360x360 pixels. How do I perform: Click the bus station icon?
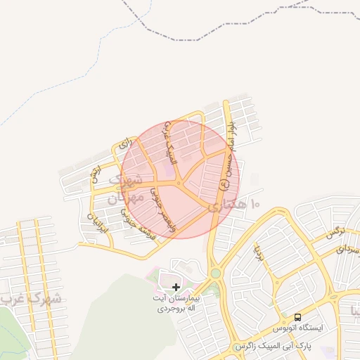pos(297,317)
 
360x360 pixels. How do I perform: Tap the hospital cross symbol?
pos(176,287)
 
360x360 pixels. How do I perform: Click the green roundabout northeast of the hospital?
pos(215,273)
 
